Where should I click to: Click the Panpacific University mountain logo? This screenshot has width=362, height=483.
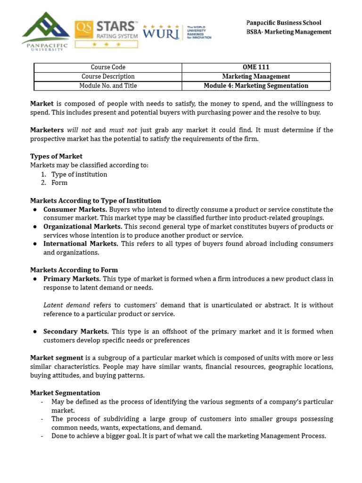click(45, 31)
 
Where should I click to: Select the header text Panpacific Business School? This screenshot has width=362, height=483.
click(284, 23)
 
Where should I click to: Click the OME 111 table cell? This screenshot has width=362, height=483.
click(256, 67)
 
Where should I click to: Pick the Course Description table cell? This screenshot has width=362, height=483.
click(108, 76)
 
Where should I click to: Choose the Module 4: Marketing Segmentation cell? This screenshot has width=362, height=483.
click(256, 86)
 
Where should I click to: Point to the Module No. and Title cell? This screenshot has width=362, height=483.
click(108, 86)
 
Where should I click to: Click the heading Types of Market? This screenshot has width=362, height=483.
click(56, 157)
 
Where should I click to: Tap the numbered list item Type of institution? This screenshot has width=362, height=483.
click(79, 175)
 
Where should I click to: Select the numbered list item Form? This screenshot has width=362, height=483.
click(59, 183)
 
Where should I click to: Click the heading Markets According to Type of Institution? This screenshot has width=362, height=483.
click(96, 200)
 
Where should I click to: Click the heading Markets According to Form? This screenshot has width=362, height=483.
click(74, 270)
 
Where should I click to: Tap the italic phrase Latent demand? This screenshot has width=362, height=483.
click(66, 305)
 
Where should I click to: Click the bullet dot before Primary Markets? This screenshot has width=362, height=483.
click(35, 279)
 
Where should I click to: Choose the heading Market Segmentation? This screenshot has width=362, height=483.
click(65, 393)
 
